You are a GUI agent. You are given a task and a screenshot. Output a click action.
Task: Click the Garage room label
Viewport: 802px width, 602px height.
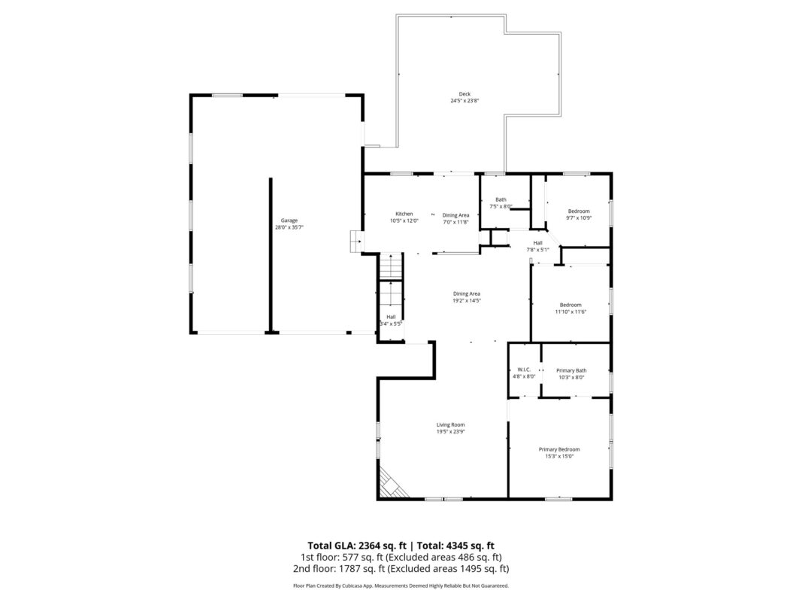(x=289, y=220)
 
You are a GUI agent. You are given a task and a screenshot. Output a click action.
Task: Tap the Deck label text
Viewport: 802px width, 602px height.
(x=465, y=94)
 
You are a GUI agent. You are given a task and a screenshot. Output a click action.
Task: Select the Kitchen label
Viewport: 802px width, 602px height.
(x=404, y=214)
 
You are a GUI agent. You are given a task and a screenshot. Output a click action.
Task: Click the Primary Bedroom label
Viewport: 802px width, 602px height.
(x=559, y=449)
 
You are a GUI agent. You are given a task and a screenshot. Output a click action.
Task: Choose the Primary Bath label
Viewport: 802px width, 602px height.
(x=571, y=370)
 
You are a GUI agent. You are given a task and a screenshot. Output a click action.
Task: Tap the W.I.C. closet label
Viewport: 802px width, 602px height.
(x=524, y=369)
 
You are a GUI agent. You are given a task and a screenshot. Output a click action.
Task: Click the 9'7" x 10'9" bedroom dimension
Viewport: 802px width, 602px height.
(x=579, y=218)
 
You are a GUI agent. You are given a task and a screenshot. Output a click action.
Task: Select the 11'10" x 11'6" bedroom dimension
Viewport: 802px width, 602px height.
(x=570, y=312)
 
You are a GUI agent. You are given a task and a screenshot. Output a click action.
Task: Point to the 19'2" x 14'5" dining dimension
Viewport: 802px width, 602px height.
(x=466, y=300)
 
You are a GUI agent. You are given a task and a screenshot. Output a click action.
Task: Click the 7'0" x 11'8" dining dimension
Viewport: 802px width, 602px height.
(x=455, y=222)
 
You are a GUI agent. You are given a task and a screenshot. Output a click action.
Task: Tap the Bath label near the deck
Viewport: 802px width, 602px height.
(x=501, y=199)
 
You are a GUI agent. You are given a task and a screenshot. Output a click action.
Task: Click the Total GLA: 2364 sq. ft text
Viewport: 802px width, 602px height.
(x=359, y=546)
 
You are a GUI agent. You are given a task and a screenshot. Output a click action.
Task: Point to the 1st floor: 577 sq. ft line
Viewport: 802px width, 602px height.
(x=400, y=558)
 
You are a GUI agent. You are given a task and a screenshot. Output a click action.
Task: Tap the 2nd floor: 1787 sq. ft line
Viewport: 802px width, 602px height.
(x=400, y=569)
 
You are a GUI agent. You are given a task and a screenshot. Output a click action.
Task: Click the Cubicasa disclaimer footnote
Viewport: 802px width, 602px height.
(x=401, y=585)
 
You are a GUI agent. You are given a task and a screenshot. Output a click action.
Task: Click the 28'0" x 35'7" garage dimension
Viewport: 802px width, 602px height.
(x=289, y=227)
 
